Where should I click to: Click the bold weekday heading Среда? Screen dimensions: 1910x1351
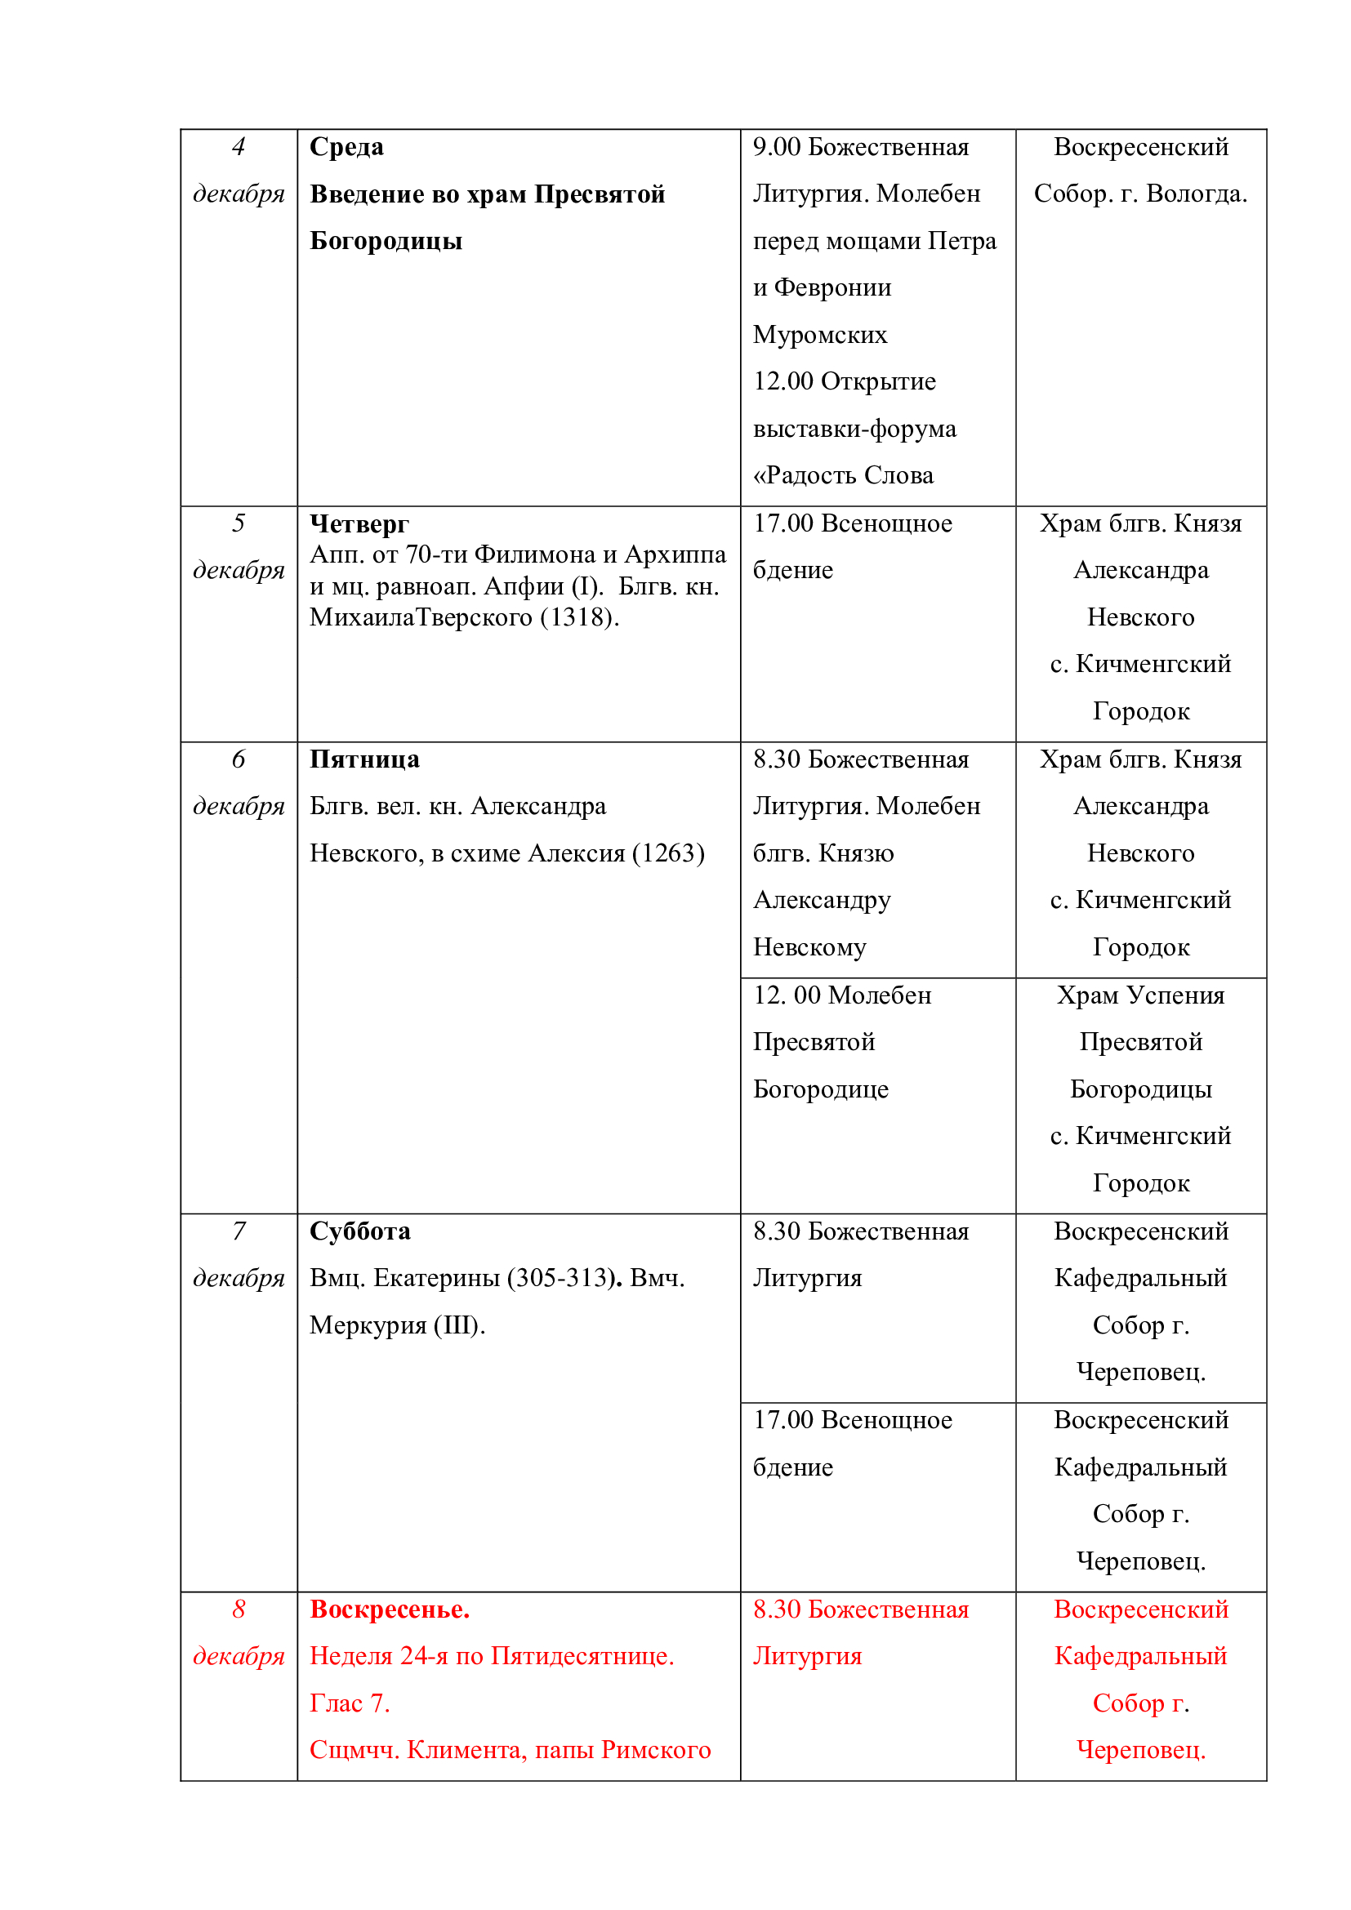coord(346,147)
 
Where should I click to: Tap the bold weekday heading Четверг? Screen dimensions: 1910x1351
coord(359,523)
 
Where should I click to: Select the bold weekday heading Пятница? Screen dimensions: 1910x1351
coord(364,759)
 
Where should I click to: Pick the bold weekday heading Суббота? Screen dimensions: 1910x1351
coord(359,1231)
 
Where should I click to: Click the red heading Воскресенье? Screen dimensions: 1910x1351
coord(390,1609)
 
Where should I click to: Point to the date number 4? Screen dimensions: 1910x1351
coord(239,147)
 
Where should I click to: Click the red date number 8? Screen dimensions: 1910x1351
coord(239,1609)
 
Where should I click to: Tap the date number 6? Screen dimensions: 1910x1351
coord(239,759)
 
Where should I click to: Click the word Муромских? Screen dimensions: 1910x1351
coord(819,336)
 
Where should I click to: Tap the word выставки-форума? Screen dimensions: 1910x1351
coord(854,430)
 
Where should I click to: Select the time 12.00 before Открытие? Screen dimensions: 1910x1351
coord(783,382)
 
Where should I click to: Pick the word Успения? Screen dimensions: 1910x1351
coord(1180,995)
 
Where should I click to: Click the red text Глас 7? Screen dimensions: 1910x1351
coord(350,1703)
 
